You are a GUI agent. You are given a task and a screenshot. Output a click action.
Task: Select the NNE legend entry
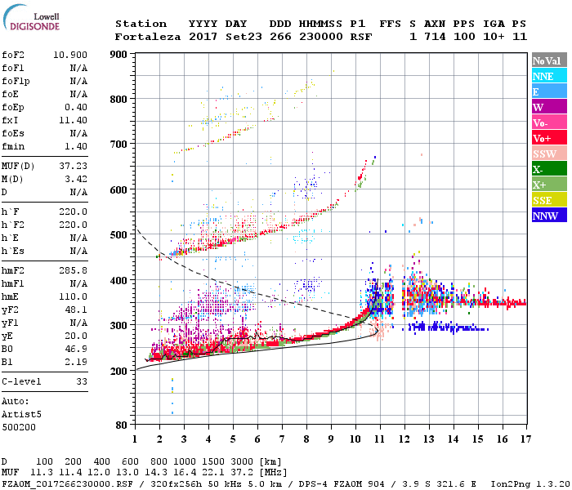tap(543, 76)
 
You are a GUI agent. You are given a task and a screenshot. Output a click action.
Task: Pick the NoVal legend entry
tap(545, 60)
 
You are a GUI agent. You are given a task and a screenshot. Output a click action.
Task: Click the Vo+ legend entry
tap(543, 138)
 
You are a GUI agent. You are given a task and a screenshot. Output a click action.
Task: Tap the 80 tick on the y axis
tap(123, 425)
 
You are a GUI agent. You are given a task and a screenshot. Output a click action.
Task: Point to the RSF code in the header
tap(360, 37)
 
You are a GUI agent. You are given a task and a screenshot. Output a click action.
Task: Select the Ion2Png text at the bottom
tap(511, 483)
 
